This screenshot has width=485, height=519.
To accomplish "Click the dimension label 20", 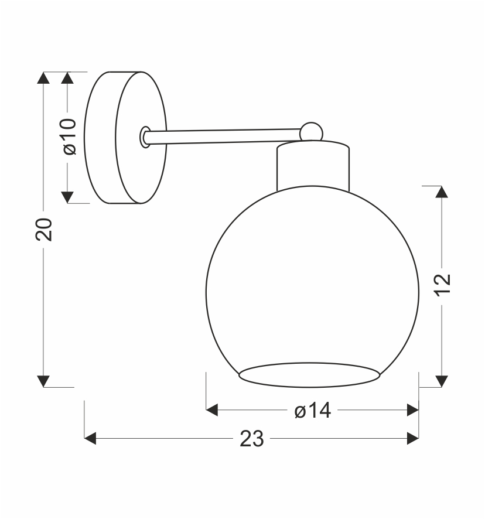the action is tap(44, 230).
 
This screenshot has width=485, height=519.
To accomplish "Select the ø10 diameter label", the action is tap(68, 136).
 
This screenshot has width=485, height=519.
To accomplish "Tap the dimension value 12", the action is tap(442, 285).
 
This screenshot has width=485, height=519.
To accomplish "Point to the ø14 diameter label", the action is tap(313, 411).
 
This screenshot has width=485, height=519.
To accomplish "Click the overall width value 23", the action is tap(252, 439).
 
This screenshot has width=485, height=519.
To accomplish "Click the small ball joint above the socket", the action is tap(311, 132).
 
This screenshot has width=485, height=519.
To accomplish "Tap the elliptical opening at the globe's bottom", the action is tap(309, 375).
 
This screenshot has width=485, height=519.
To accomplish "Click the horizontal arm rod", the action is tap(223, 136).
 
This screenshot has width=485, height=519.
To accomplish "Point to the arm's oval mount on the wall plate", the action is tap(145, 136).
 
